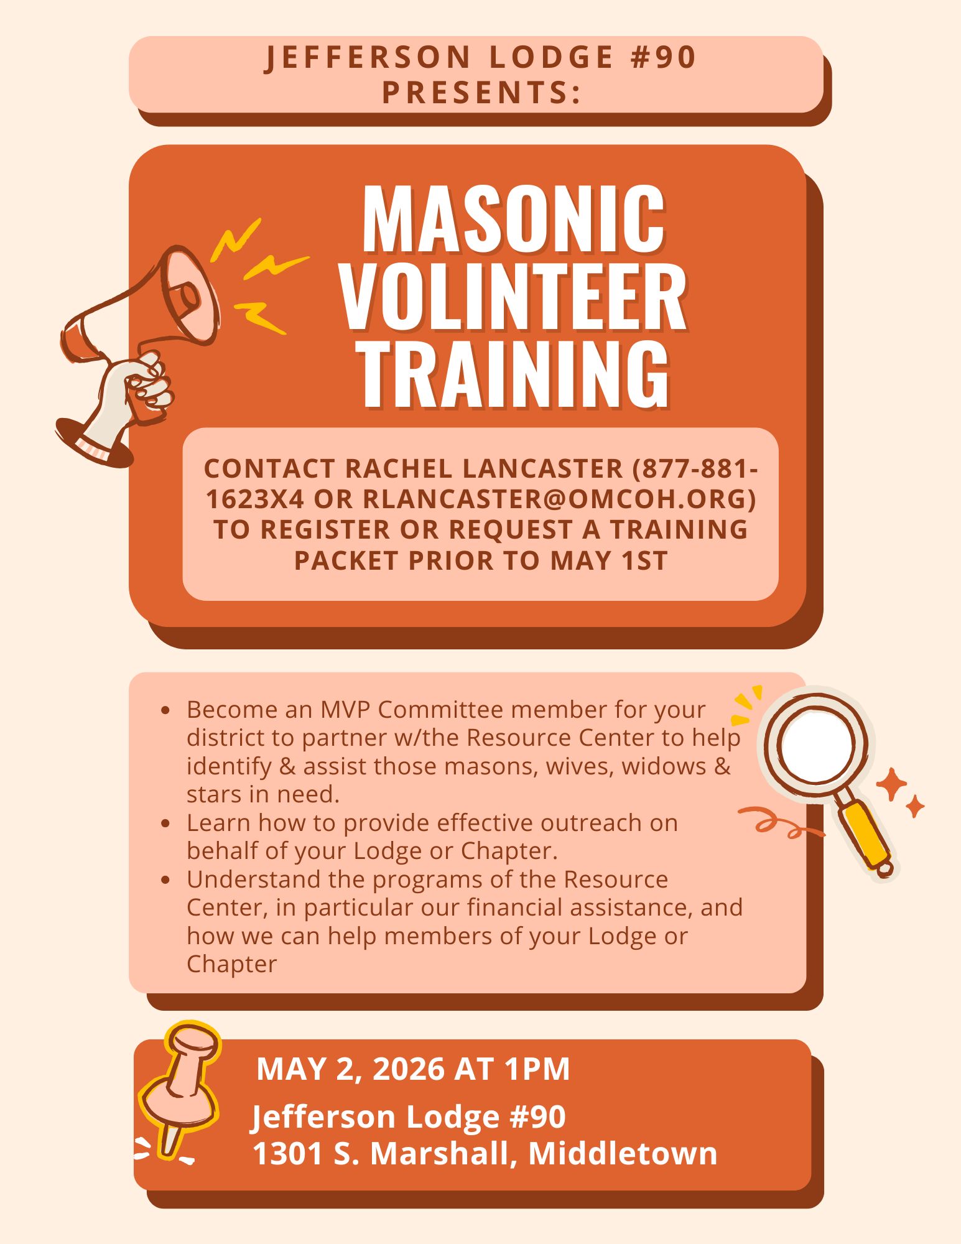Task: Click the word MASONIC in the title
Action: tap(514, 219)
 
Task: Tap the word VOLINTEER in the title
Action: tap(514, 297)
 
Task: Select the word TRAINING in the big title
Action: tap(516, 374)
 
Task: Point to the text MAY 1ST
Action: tap(609, 560)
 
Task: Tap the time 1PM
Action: tap(537, 1069)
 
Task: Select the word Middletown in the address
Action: tap(623, 1153)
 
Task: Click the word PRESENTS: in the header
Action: tap(482, 92)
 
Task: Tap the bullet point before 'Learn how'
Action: tap(165, 824)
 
